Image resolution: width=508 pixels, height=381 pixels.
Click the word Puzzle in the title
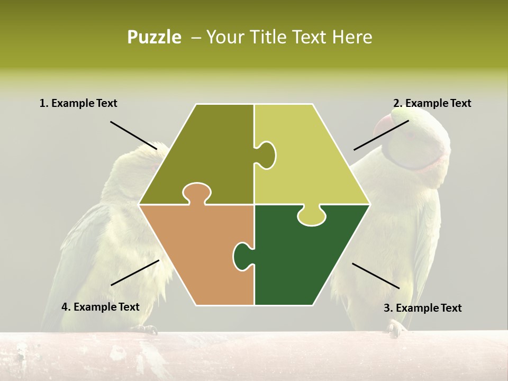(154, 37)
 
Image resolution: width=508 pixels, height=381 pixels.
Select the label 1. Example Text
(78, 103)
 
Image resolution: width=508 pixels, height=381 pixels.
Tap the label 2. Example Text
(432, 103)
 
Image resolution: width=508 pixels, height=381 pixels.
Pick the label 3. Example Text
(422, 308)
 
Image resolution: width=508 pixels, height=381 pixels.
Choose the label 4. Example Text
(100, 307)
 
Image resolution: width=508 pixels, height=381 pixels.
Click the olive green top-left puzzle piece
(206, 148)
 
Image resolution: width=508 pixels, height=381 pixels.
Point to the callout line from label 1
(133, 135)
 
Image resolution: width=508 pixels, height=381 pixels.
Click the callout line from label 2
(381, 135)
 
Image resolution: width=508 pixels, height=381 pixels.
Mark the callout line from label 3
(376, 276)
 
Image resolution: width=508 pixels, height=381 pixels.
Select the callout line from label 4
(135, 273)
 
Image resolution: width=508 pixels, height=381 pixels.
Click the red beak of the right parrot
(383, 128)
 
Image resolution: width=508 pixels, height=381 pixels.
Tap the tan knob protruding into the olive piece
(196, 193)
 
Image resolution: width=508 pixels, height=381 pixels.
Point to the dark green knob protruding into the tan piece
(242, 256)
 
